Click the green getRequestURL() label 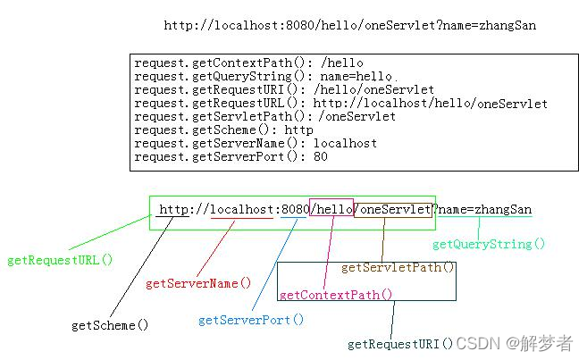(60, 261)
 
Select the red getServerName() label (198, 283)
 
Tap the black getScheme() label (110, 325)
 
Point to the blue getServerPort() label (251, 319)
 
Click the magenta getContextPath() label (336, 294)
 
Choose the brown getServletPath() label (398, 267)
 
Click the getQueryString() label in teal (488, 244)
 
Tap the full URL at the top (349, 26)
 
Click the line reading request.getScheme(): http (223, 130)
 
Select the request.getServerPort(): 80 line (231, 156)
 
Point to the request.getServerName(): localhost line (256, 143)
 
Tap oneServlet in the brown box (396, 209)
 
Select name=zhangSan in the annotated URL (485, 209)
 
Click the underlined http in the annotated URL (173, 209)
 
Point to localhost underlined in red (241, 209)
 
